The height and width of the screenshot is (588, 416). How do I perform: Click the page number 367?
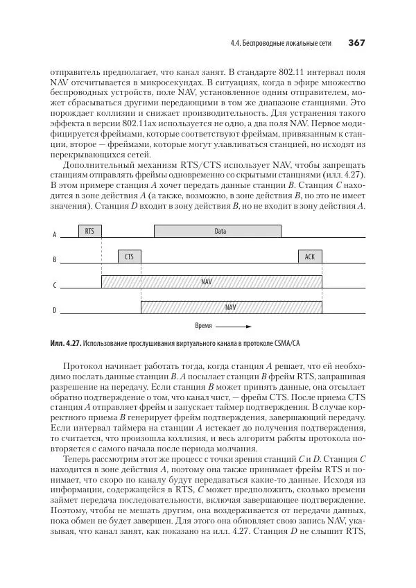(x=356, y=43)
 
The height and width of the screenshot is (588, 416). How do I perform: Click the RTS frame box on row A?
(x=89, y=232)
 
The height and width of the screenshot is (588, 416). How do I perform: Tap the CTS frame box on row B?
(x=129, y=257)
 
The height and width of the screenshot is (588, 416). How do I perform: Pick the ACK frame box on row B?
(x=310, y=257)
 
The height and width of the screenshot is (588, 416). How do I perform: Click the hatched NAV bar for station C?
(x=211, y=282)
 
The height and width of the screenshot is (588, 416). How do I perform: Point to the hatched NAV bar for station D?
(x=231, y=306)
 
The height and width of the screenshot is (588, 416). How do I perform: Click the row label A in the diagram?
(x=55, y=235)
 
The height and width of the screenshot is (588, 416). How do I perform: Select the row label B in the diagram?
(x=55, y=260)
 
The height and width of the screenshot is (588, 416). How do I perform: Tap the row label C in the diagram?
(x=55, y=285)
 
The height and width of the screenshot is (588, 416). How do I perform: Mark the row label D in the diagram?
(x=55, y=310)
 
